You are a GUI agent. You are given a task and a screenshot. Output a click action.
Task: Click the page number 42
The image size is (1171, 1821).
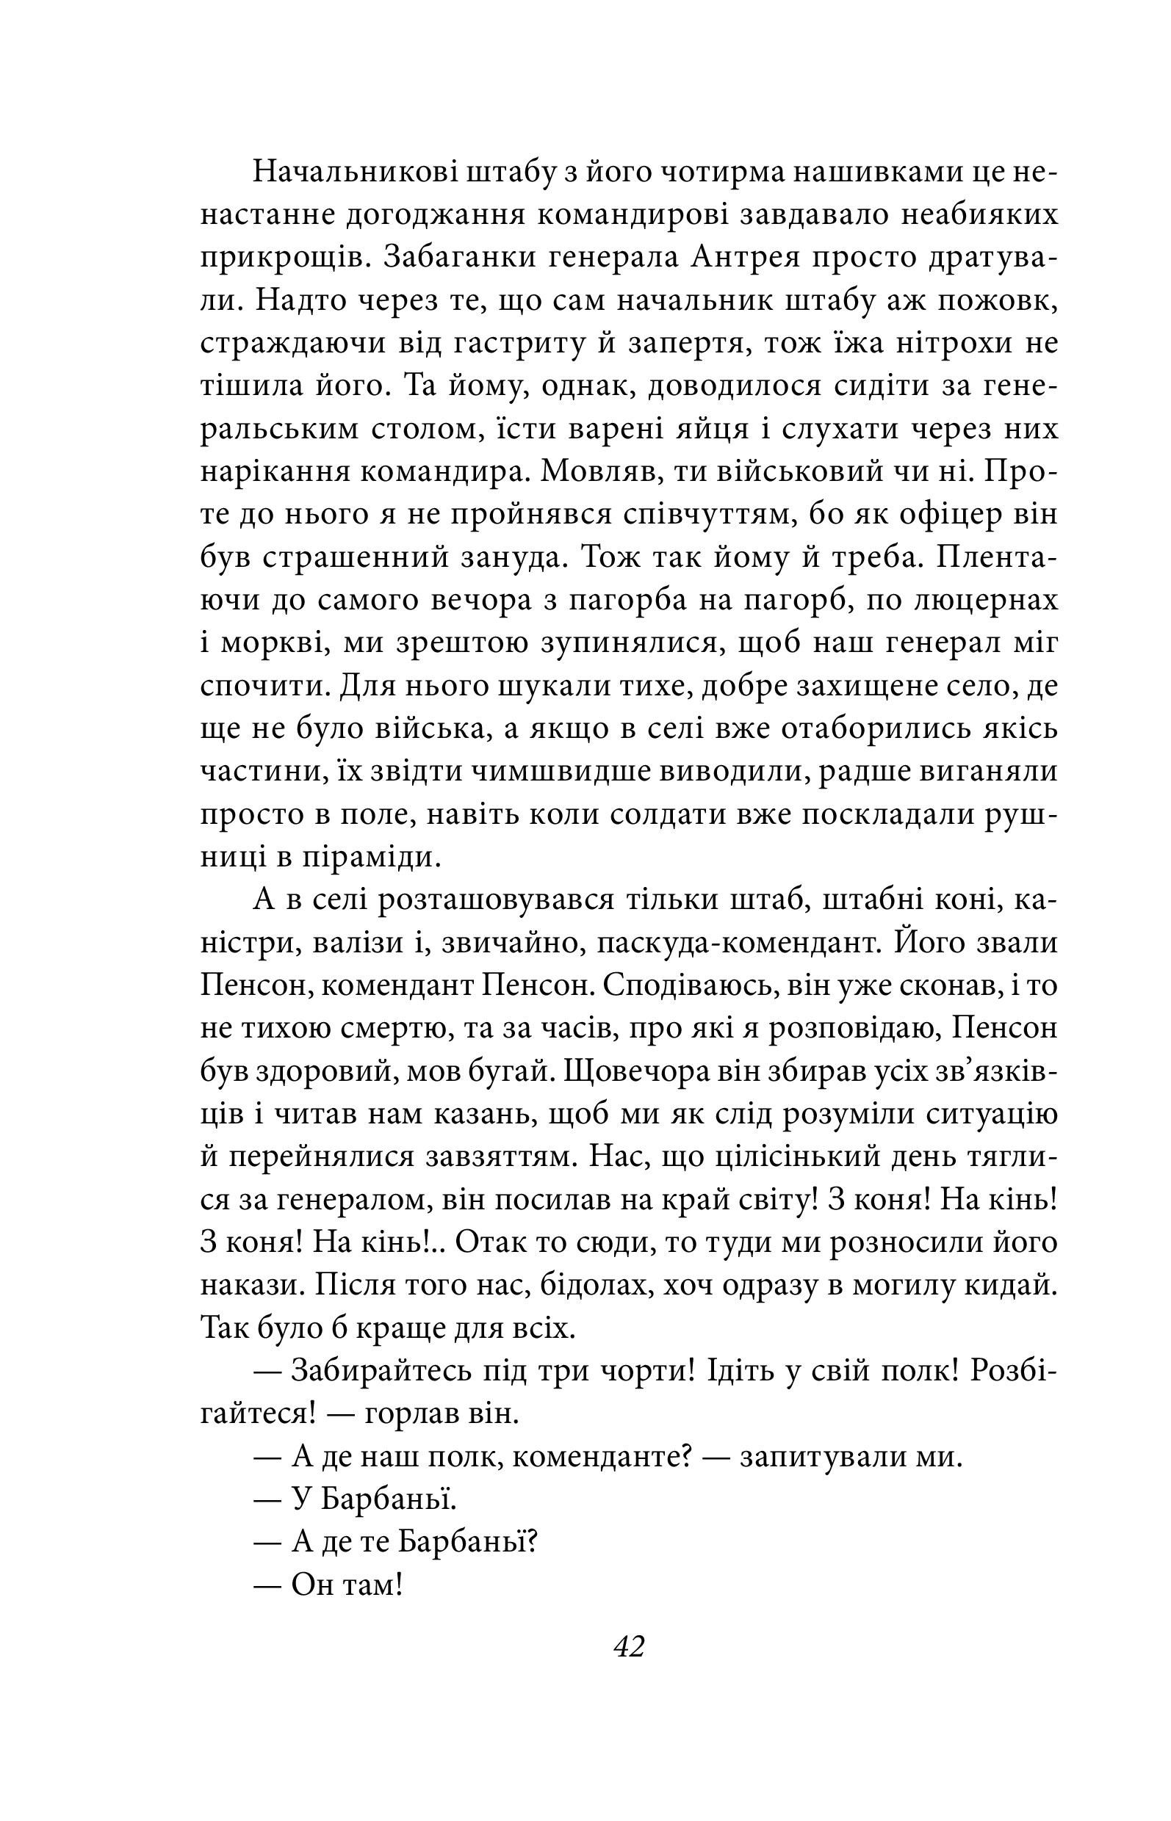click(629, 1646)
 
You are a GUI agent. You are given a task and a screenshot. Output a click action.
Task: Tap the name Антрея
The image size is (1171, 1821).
click(746, 258)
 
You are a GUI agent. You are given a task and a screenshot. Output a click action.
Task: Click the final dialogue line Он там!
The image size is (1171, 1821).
click(346, 1585)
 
